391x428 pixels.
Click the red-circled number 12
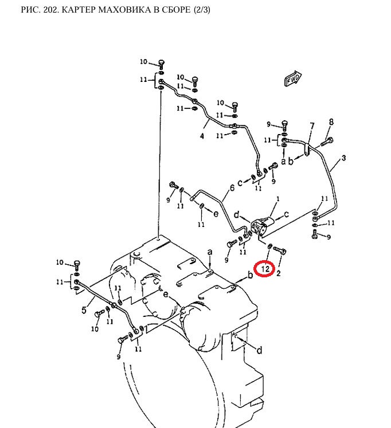[x=265, y=268]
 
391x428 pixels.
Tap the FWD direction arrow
[x=294, y=78]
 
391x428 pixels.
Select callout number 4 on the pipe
[x=202, y=136]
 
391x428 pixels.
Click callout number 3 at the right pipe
[x=343, y=158]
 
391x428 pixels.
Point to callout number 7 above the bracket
[x=312, y=126]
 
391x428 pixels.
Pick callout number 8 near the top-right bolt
[x=331, y=121]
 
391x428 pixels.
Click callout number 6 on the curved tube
[x=232, y=187]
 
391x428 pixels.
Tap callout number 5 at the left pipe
[x=84, y=311]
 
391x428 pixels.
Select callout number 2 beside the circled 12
[x=279, y=274]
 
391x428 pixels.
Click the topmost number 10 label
[x=143, y=62]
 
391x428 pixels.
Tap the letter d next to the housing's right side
[x=259, y=350]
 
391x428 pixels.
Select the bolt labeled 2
[x=281, y=250]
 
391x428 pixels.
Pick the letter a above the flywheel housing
[x=210, y=252]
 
